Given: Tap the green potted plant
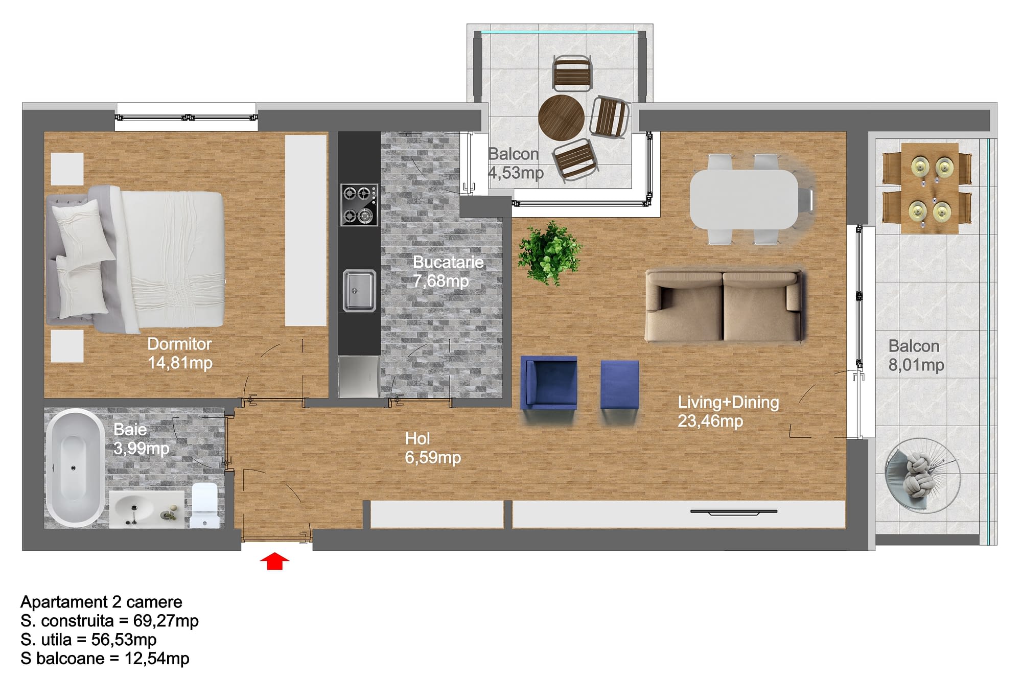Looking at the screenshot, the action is (549, 253).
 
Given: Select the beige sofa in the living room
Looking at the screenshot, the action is (725, 306).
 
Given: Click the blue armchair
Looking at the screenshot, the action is (549, 383).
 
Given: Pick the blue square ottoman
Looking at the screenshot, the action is (620, 384).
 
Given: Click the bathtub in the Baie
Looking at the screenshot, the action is (75, 467).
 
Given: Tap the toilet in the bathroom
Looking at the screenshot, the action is (204, 505).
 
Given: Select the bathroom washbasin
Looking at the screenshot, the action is (147, 510).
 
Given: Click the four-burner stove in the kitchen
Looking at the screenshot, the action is (360, 204).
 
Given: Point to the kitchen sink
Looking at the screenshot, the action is (359, 290).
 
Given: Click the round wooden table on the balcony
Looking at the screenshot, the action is (561, 117).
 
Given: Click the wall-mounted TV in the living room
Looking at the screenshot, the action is (734, 511).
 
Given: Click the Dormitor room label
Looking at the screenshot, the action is (179, 344).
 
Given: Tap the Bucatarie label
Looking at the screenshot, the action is (448, 262).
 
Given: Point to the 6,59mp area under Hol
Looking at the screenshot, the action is (433, 457).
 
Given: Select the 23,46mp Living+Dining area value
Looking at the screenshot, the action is (710, 421).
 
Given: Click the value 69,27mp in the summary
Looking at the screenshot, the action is (166, 621).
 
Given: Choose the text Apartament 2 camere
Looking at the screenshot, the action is (101, 602).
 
